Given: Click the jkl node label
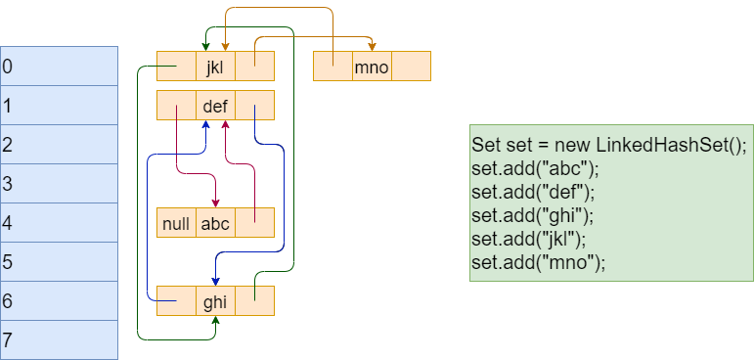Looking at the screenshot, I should (x=215, y=67).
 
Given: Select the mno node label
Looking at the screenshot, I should (x=372, y=67).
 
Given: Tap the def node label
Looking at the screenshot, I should (x=215, y=106).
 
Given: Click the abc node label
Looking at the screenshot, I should (x=215, y=223).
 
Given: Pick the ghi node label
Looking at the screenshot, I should (x=215, y=301).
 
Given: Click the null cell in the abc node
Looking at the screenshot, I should (x=176, y=223).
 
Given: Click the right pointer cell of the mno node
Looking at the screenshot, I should (x=412, y=67).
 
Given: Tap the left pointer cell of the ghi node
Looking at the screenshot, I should (x=176, y=301).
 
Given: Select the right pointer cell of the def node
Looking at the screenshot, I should (x=254, y=106).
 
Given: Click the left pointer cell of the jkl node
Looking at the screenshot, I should (x=176, y=67).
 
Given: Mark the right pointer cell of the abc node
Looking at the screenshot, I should (x=254, y=223).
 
